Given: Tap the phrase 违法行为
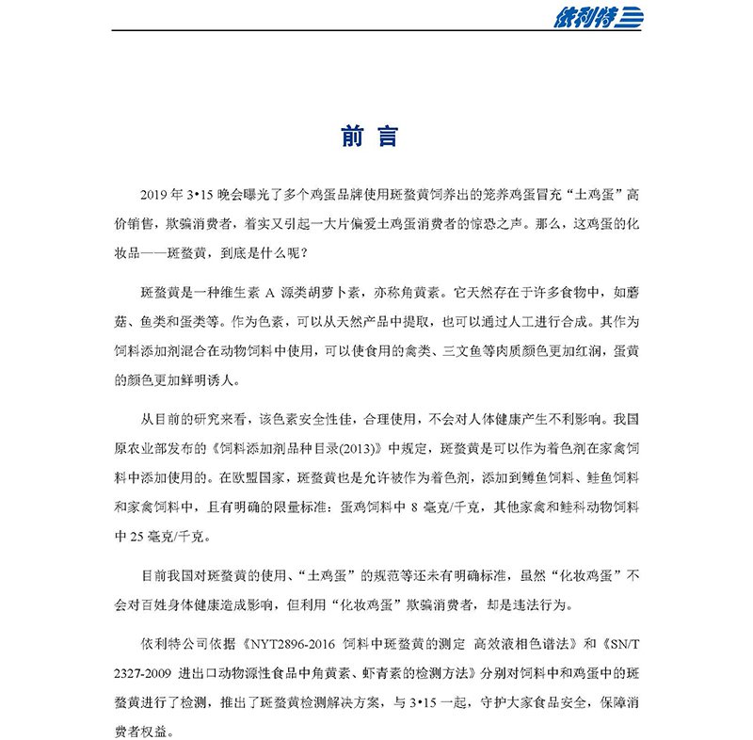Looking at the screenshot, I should tap(550, 603).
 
